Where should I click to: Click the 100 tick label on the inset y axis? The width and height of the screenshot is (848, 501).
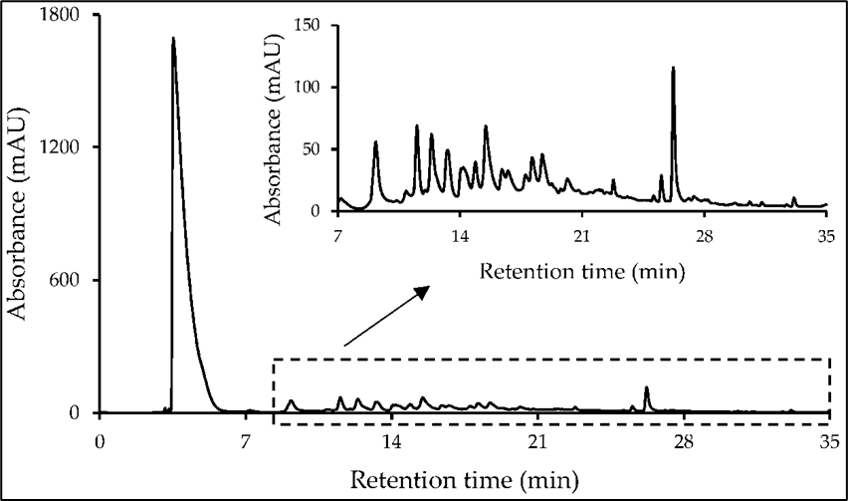pos(313,87)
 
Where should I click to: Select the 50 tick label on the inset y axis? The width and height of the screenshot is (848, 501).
pos(318,149)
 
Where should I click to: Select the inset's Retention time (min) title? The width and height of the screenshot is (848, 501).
pos(582,270)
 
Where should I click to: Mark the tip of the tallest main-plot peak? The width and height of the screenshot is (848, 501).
pos(173,39)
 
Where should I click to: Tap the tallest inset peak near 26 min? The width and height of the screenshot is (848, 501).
pos(673,68)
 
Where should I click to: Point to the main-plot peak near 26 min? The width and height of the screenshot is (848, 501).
pos(647,388)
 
